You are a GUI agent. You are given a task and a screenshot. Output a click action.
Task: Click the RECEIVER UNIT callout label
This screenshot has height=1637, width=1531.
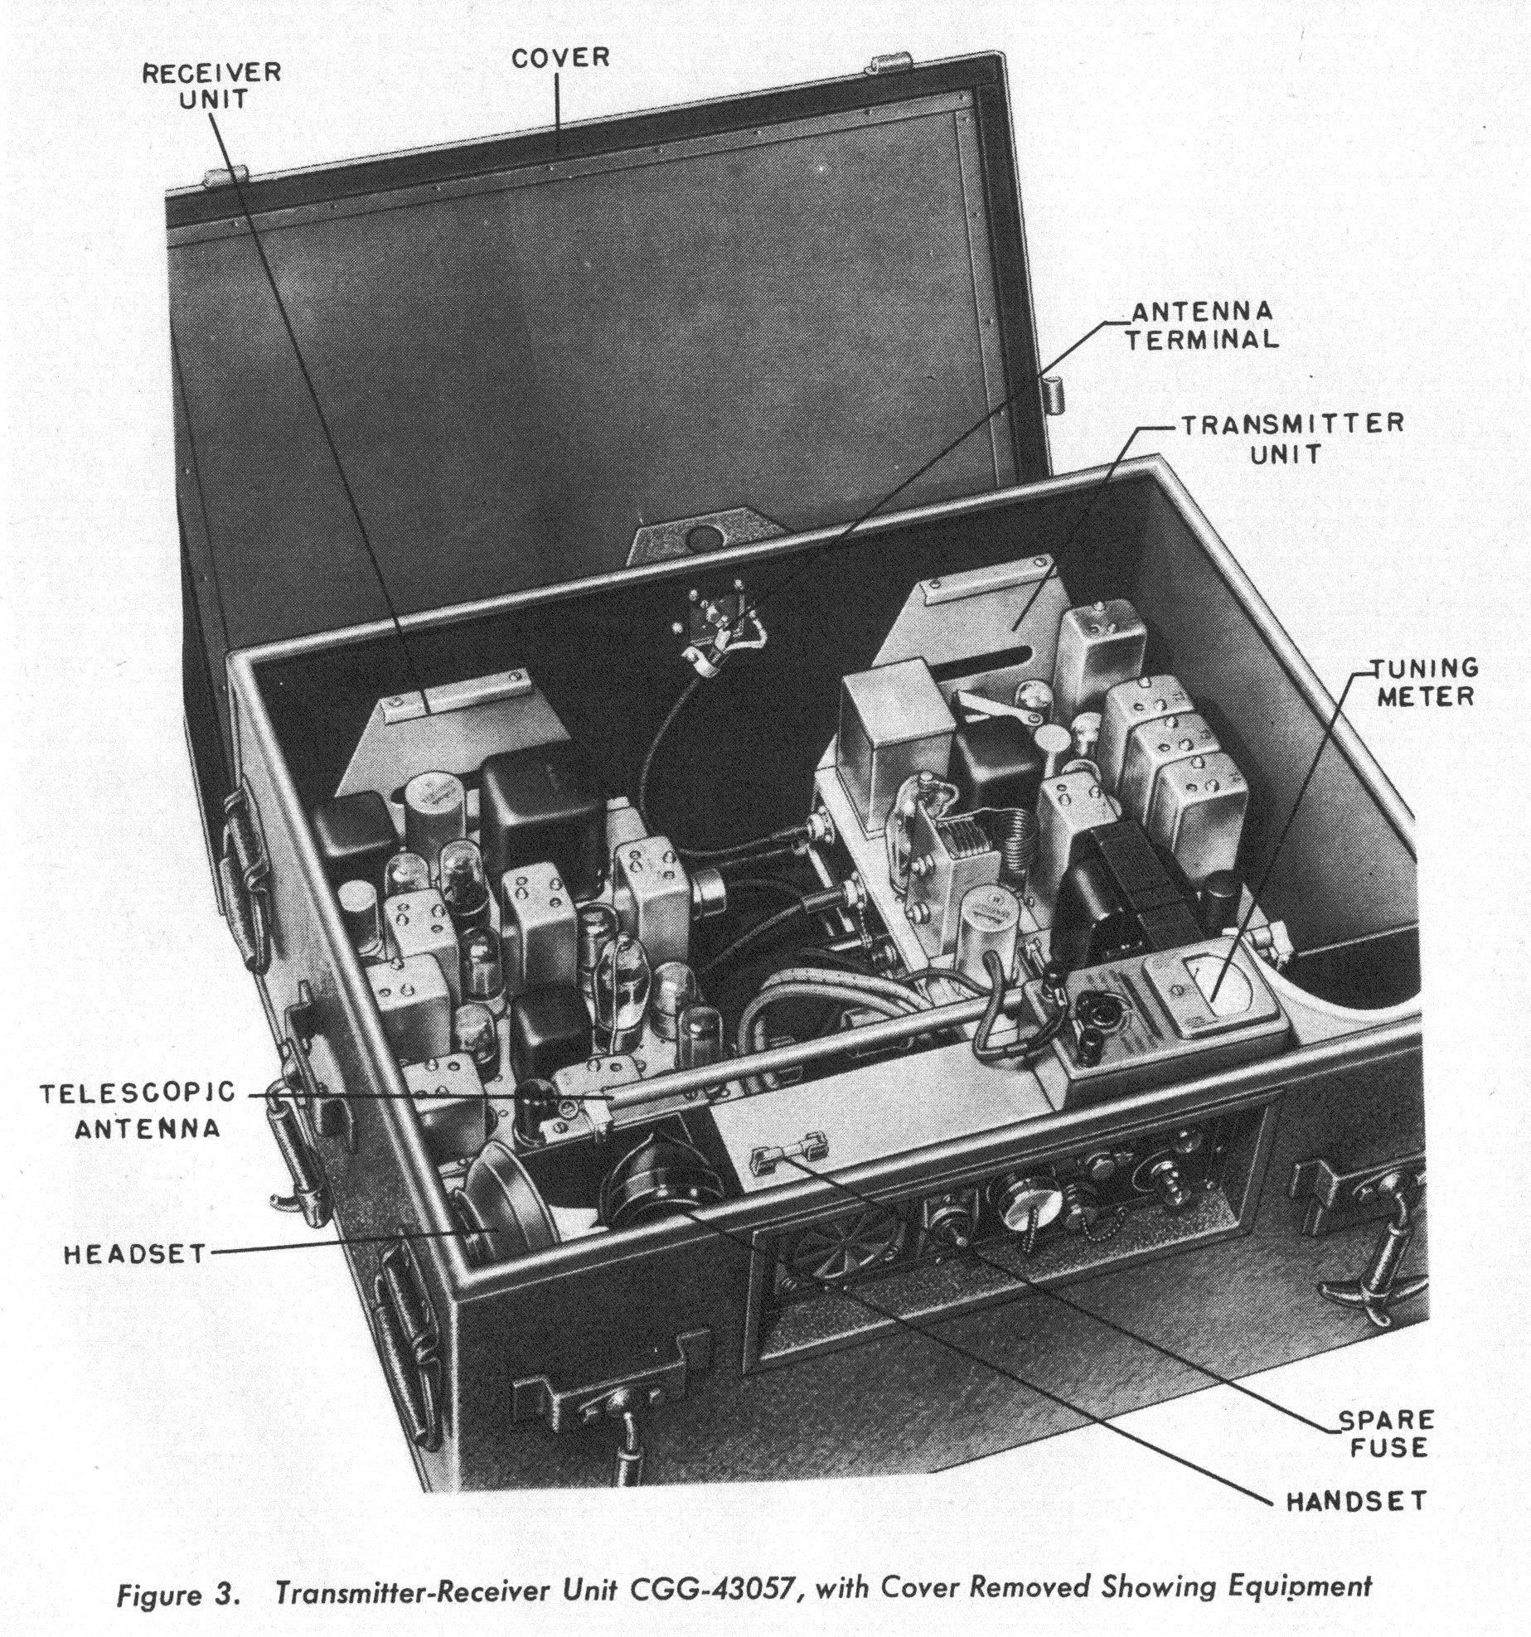[211, 85]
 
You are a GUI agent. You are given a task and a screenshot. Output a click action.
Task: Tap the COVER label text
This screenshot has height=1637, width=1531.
[560, 58]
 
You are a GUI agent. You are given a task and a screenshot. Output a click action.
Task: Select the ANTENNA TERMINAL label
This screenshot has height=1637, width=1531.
[1201, 326]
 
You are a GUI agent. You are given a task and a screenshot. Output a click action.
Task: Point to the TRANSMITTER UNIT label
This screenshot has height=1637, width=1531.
[1291, 438]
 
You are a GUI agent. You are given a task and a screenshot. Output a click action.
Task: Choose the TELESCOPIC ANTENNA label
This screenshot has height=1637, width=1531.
[139, 1111]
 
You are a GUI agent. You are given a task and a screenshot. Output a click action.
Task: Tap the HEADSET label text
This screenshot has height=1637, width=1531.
[135, 1254]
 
